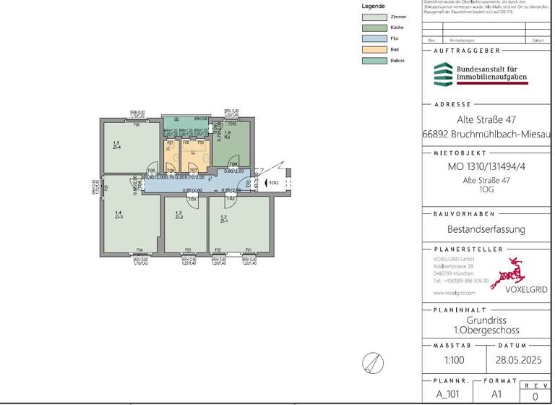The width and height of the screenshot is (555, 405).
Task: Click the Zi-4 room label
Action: [116, 145]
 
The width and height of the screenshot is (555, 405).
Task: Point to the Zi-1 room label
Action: [224, 219]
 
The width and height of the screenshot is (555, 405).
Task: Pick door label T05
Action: [152, 171]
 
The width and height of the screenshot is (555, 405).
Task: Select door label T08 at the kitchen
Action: [233, 164]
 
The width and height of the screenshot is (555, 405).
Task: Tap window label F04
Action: [139, 250]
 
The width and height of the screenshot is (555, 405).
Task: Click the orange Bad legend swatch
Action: [374, 49]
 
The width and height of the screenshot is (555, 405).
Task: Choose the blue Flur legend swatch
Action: [374, 38]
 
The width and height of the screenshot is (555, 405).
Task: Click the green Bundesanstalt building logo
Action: [442, 74]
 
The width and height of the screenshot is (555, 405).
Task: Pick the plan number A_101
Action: [449, 394]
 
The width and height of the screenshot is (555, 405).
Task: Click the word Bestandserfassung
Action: [486, 230]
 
